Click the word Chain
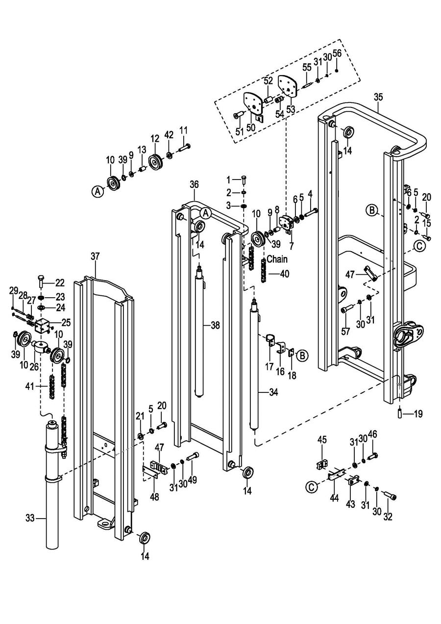[277, 259]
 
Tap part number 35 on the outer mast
[378, 97]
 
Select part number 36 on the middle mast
[194, 184]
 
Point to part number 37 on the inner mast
[95, 256]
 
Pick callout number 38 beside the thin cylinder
[216, 325]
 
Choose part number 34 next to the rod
[273, 392]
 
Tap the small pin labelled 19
[400, 414]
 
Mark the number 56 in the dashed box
[337, 53]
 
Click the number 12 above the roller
[155, 138]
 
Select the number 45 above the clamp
[321, 440]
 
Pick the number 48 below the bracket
[155, 497]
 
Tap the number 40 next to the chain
[284, 273]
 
